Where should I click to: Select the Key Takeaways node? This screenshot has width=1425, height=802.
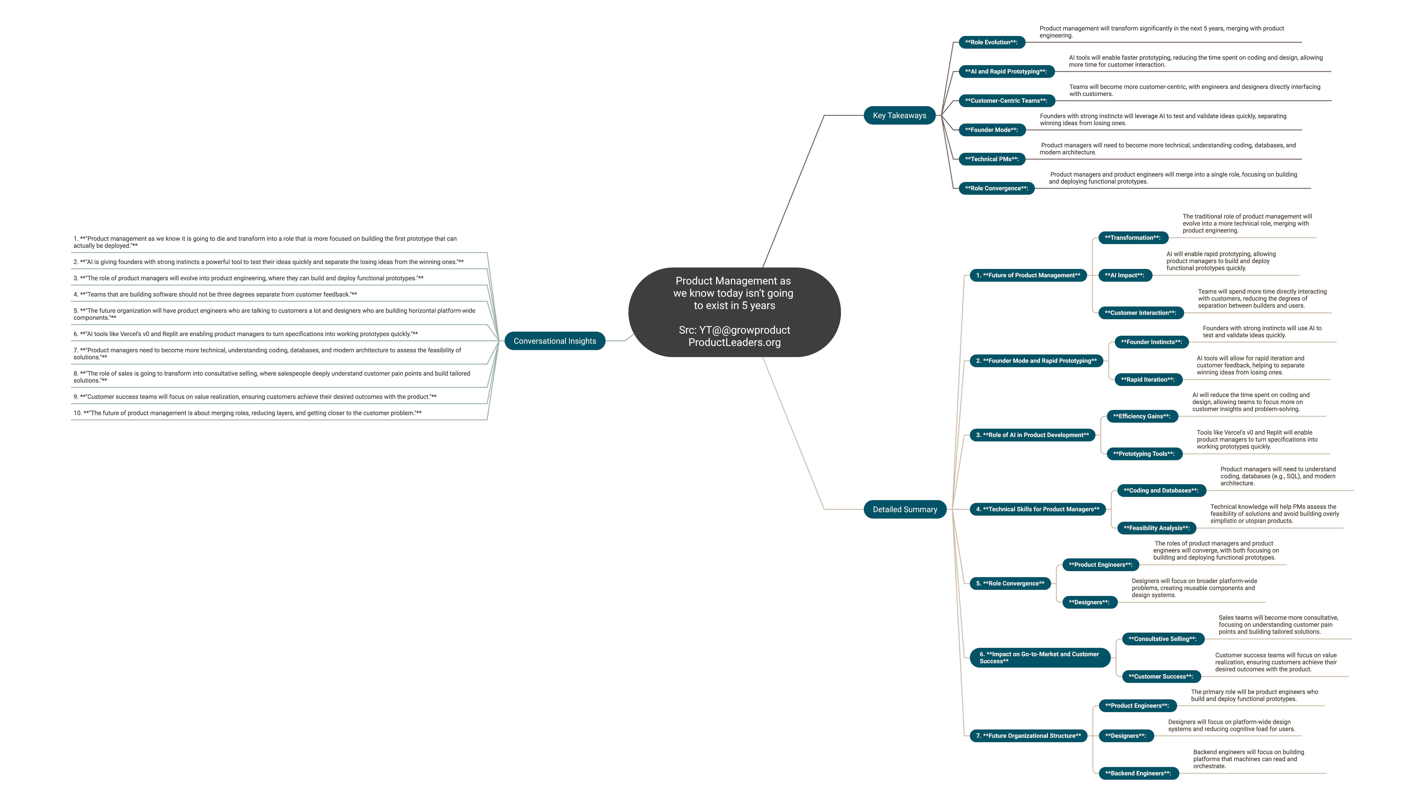pyautogui.click(x=899, y=116)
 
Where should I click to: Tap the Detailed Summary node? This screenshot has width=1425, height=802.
pyautogui.click(x=905, y=509)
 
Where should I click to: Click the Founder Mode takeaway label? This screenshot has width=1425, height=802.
pyautogui.click(x=992, y=130)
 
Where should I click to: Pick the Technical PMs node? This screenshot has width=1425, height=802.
pyautogui.click(x=992, y=159)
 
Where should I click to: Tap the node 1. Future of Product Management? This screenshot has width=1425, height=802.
pyautogui.click(x=1028, y=275)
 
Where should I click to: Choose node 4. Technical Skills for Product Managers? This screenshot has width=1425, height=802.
pyautogui.click(x=1038, y=509)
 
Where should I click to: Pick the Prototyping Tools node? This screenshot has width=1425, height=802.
pyautogui.click(x=1144, y=454)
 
